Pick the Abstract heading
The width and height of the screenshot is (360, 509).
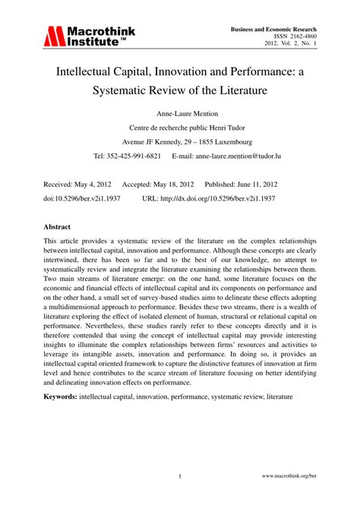pyautogui.click(x=58, y=226)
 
